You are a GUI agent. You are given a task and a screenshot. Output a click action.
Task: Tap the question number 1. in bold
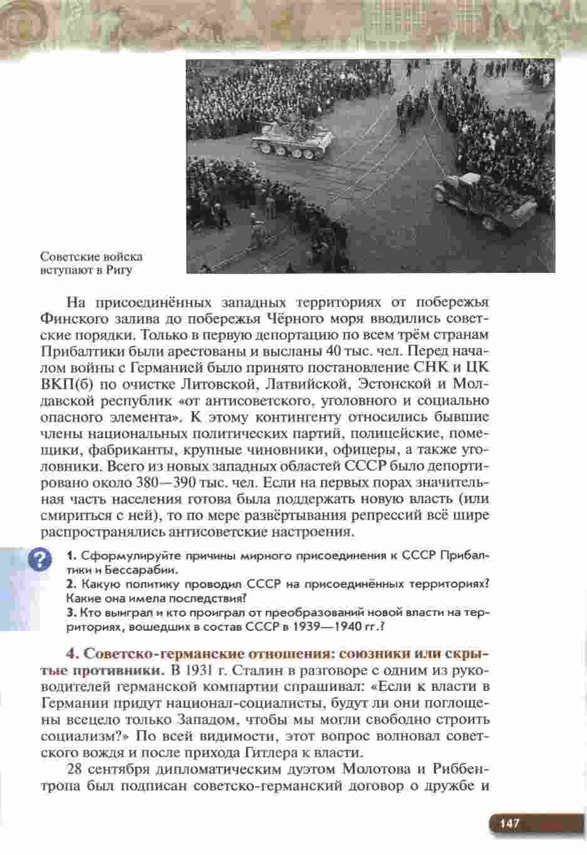71,556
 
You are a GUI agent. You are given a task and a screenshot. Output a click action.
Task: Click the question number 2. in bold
71,584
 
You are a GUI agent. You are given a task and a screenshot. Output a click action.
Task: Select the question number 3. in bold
71,612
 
